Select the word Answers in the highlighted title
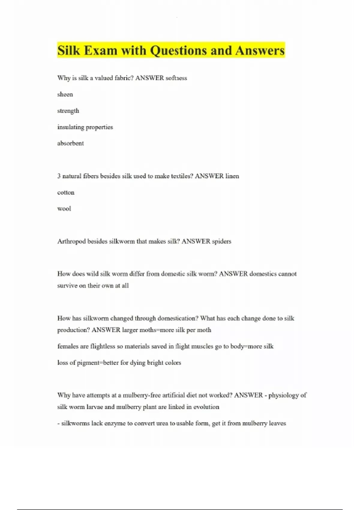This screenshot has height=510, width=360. [260, 50]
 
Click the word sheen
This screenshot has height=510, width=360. [65, 94]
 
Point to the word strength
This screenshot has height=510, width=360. [68, 111]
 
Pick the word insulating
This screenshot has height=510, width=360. [71, 127]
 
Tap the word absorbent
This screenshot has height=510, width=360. [70, 143]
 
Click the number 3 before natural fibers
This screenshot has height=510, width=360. [59, 176]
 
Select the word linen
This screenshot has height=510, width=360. [232, 176]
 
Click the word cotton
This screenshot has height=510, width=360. [66, 192]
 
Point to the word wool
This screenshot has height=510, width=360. [64, 208]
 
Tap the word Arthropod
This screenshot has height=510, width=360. [71, 241]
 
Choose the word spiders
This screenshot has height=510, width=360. [221, 241]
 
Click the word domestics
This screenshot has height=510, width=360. [263, 274]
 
